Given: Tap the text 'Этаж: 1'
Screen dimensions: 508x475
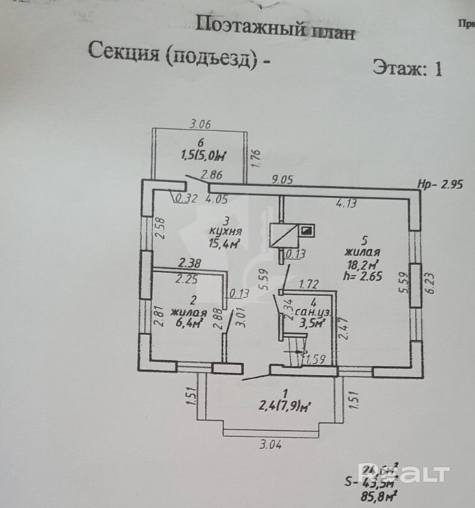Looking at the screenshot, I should tap(407, 68).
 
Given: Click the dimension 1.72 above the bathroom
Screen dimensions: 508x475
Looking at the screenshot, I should tap(309, 283).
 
